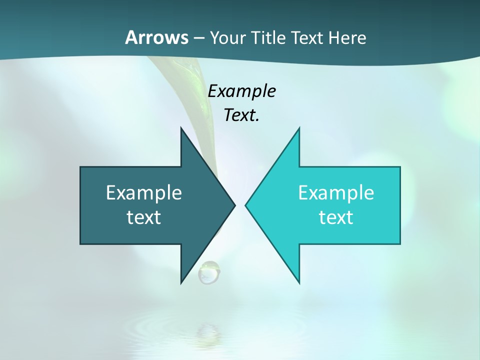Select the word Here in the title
(x=347, y=37)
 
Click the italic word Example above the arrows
(x=241, y=91)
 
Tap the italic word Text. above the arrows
(x=241, y=115)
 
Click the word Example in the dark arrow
(x=144, y=192)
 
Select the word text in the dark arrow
(x=144, y=217)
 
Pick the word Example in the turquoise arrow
(x=336, y=192)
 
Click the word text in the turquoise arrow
(x=336, y=217)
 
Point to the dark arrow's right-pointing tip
(x=232, y=205)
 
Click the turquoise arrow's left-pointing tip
(x=248, y=205)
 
